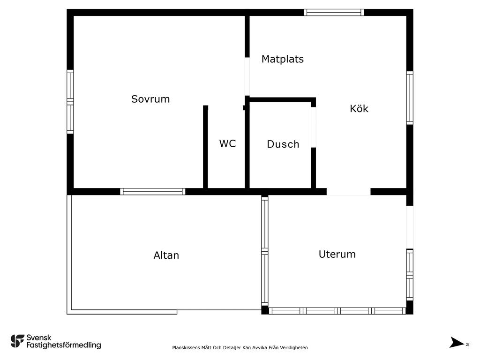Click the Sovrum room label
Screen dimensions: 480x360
(x=150, y=99)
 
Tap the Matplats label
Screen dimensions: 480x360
(x=283, y=59)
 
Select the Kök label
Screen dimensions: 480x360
(x=359, y=108)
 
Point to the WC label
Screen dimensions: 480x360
(x=227, y=143)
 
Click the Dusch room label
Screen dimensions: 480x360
(x=283, y=144)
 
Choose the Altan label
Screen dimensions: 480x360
(x=166, y=255)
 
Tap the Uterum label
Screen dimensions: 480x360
(x=337, y=255)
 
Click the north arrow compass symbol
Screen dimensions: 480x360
(x=457, y=342)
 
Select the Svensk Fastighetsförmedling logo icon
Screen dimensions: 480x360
(x=17, y=341)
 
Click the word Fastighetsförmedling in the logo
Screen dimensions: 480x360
(x=64, y=345)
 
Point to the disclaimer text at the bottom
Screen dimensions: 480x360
(x=240, y=347)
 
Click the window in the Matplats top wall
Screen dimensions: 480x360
(x=334, y=12)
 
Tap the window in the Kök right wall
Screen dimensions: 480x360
(x=410, y=98)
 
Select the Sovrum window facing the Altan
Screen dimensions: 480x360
(x=152, y=192)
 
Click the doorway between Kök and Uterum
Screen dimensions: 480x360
(x=349, y=192)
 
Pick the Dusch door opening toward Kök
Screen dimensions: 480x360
(x=314, y=127)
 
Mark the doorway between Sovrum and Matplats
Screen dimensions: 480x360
(x=247, y=76)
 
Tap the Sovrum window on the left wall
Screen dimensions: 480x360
(x=70, y=102)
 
